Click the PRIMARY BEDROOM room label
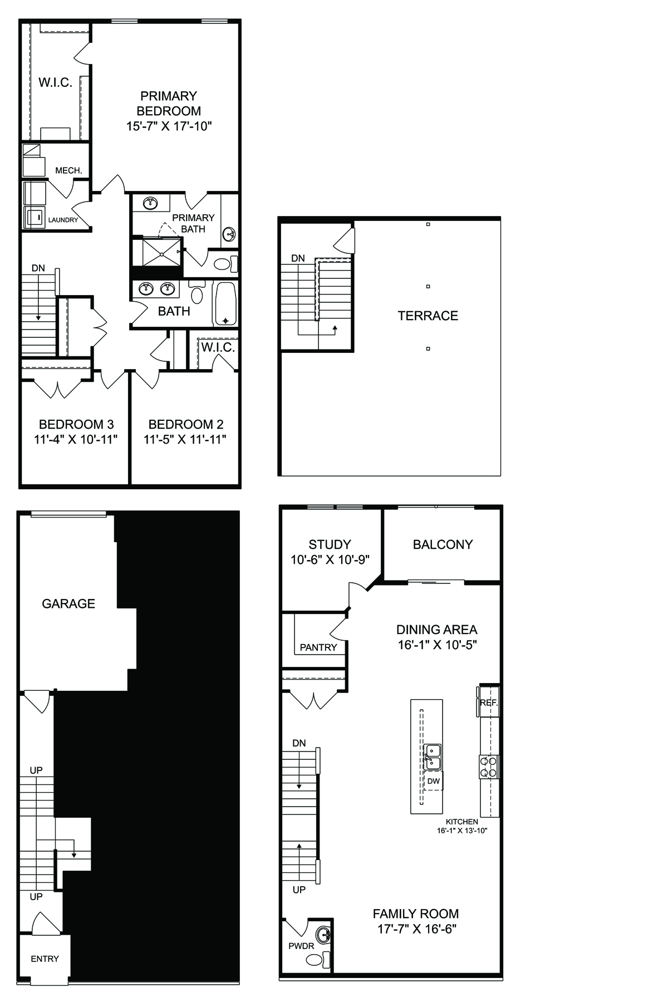pyautogui.click(x=169, y=104)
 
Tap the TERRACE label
pyautogui.click(x=428, y=316)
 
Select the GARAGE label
pyautogui.click(x=68, y=603)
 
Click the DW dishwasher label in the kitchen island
pyautogui.click(x=433, y=781)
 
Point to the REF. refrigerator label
pyautogui.click(x=489, y=703)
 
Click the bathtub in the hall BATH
pyautogui.click(x=225, y=304)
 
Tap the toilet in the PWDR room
pyautogui.click(x=318, y=960)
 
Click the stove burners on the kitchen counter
pyautogui.click(x=489, y=767)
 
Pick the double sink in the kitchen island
pyautogui.click(x=432, y=757)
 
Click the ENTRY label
pyautogui.click(x=45, y=959)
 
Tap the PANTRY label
pyautogui.click(x=318, y=647)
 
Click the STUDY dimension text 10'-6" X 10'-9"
pyautogui.click(x=330, y=560)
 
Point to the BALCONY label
pyautogui.click(x=443, y=544)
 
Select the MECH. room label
pyautogui.click(x=68, y=170)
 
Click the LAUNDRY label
pyautogui.click(x=63, y=220)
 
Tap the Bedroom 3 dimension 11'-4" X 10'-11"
pyautogui.click(x=76, y=440)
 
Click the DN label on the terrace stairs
pyautogui.click(x=298, y=258)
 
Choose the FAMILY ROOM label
pyautogui.click(x=416, y=913)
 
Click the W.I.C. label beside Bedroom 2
pyautogui.click(x=218, y=348)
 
